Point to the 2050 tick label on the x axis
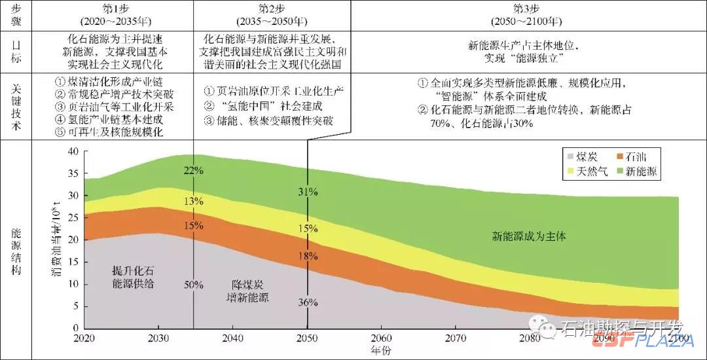(307, 338)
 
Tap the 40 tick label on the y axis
(73, 151)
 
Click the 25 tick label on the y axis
(73, 218)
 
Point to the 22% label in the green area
(194, 171)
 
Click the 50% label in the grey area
(194, 285)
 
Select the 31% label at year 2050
(307, 192)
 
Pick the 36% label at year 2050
(307, 302)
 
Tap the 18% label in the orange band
(307, 256)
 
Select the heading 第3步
(528, 7)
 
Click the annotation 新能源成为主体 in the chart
(529, 236)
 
